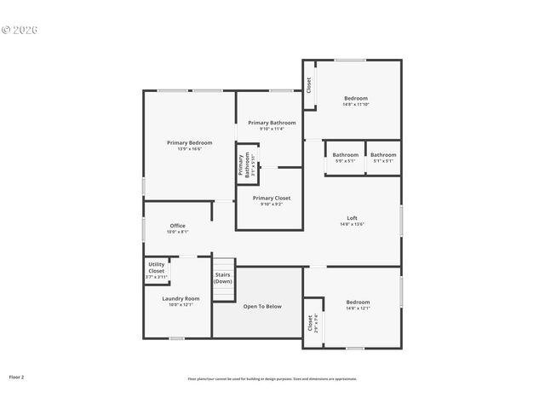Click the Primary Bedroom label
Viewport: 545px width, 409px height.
pyautogui.click(x=189, y=143)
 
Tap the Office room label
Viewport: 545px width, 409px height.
pyautogui.click(x=177, y=226)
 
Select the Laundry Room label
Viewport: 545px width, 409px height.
pyautogui.click(x=181, y=298)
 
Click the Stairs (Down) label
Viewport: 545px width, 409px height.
pyautogui.click(x=223, y=278)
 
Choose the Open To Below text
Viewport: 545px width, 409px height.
pyautogui.click(x=261, y=306)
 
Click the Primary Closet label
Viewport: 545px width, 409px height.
pyautogui.click(x=271, y=198)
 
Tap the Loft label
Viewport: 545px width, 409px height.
pyautogui.click(x=352, y=217)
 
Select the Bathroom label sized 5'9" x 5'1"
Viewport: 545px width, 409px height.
pyautogui.click(x=345, y=155)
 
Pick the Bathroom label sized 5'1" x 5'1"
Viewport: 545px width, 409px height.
pyautogui.click(x=382, y=155)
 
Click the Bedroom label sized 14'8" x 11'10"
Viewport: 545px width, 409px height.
pyautogui.click(x=355, y=98)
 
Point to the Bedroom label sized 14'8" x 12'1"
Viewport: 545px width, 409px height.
pyautogui.click(x=358, y=302)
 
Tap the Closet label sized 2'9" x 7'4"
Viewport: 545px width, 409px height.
pyautogui.click(x=311, y=324)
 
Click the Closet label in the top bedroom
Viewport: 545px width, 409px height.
pyautogui.click(x=308, y=86)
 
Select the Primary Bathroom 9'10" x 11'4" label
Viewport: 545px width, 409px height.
pyautogui.click(x=272, y=123)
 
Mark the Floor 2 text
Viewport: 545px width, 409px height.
pyautogui.click(x=16, y=376)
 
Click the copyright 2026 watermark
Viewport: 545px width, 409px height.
pyautogui.click(x=20, y=30)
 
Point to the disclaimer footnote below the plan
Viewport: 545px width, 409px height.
pyautogui.click(x=272, y=378)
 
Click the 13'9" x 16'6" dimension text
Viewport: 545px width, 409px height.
pyautogui.click(x=189, y=149)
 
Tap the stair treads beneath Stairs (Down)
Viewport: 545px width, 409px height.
pyautogui.click(x=223, y=292)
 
